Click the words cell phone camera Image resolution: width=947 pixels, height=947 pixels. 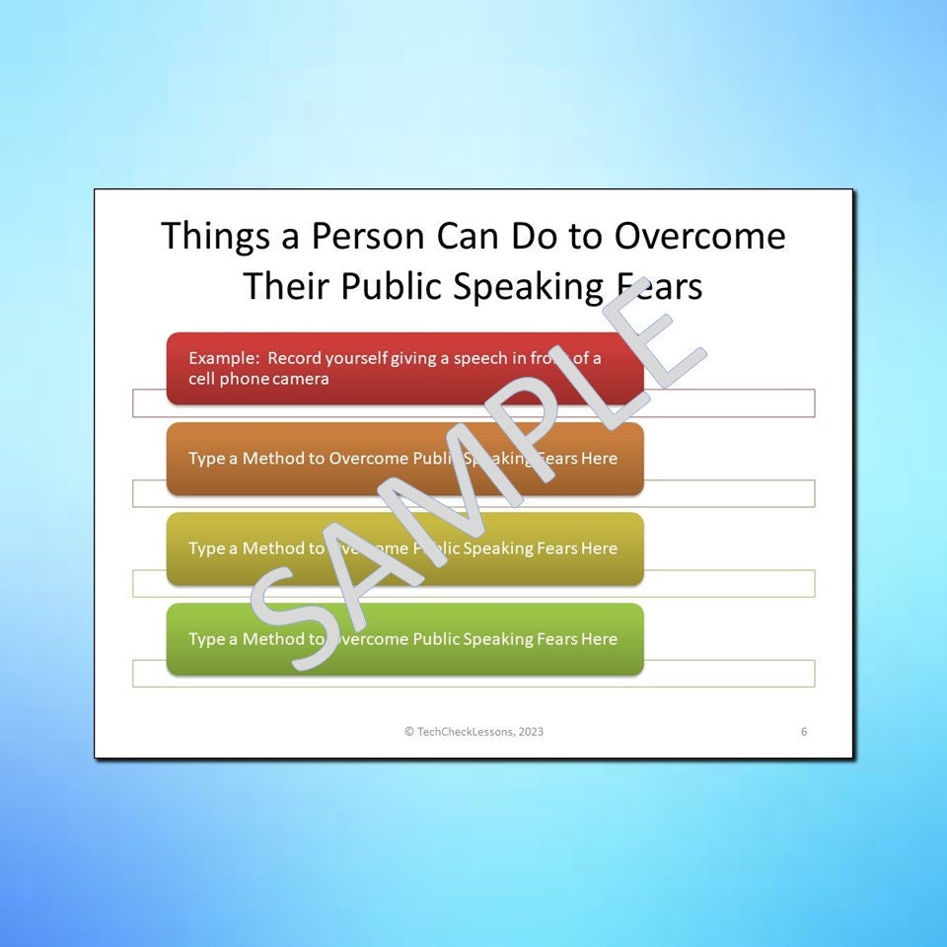tap(258, 379)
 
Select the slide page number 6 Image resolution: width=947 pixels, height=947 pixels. tap(804, 732)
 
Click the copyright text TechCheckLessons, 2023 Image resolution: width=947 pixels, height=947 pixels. tap(473, 732)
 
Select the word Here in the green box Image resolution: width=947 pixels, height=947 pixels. tap(599, 639)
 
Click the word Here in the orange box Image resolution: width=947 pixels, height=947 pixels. tap(599, 459)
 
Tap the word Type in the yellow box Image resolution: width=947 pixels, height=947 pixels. tap(206, 548)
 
